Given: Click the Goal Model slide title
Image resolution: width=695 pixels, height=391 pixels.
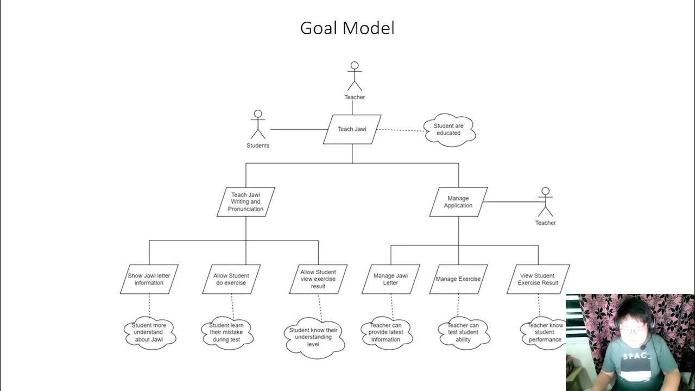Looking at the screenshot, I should click(347, 28).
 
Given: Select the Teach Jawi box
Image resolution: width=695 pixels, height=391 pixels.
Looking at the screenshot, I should click(352, 129).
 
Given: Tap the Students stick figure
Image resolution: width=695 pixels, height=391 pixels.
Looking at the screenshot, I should click(258, 124).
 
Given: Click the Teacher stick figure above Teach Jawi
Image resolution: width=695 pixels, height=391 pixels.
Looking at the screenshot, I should click(355, 76).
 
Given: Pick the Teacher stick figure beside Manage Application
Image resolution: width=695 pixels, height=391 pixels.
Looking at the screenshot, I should click(545, 202).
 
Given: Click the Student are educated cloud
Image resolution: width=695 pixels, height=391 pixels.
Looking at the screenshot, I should click(449, 129).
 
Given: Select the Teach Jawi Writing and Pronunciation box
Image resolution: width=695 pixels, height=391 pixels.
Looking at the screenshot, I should click(246, 202).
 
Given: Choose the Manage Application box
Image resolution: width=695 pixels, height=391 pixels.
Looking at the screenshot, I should click(458, 202).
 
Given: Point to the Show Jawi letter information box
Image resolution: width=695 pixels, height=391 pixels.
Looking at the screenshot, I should click(149, 279).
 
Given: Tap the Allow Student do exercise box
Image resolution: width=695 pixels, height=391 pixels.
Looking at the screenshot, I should click(232, 279).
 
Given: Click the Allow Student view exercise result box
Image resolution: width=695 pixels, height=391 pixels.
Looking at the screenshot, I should click(318, 279).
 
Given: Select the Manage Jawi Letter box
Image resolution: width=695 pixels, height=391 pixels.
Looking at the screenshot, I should click(391, 279).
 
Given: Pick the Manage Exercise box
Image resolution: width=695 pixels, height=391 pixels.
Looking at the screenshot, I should click(458, 279).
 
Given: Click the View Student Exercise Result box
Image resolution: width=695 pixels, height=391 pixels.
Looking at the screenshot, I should click(538, 279).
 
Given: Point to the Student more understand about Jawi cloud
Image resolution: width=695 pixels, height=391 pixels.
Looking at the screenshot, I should click(149, 332).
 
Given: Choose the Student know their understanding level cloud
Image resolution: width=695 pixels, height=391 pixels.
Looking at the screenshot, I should click(313, 337).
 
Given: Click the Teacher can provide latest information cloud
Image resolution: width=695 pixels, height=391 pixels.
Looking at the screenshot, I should click(386, 332).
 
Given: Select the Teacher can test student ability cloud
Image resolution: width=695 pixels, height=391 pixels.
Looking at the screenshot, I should click(464, 332).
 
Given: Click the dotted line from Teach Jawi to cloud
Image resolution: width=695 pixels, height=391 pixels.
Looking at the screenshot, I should click(401, 130).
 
